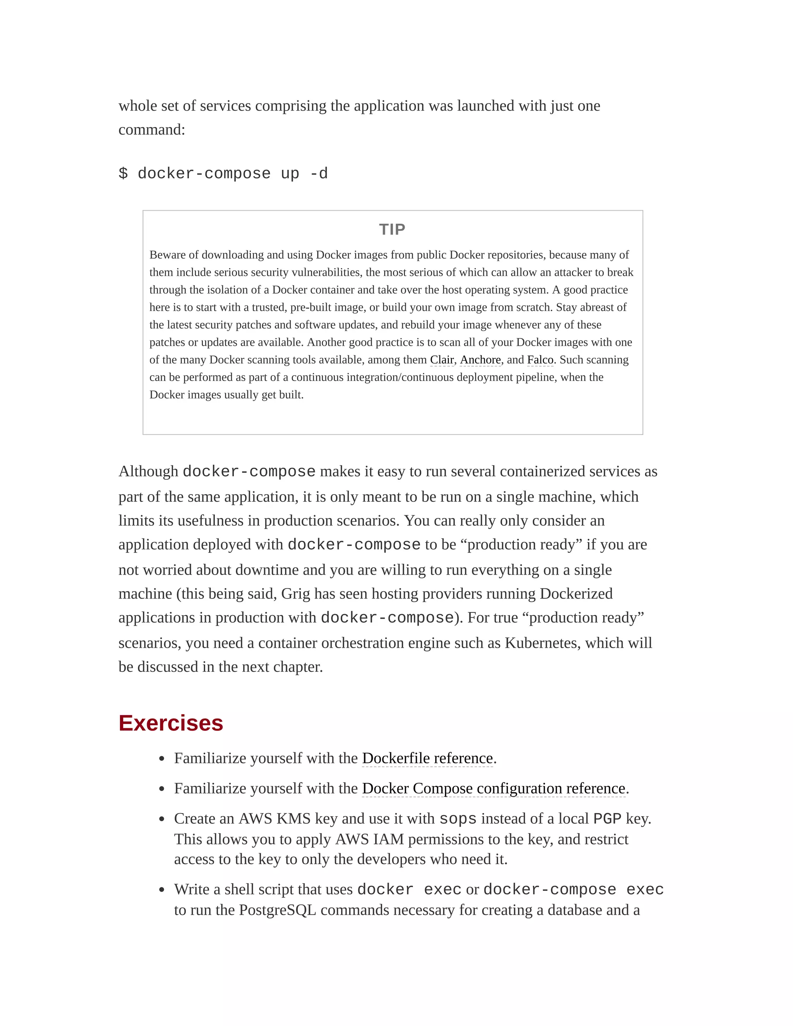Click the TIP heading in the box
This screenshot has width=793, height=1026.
pyautogui.click(x=392, y=229)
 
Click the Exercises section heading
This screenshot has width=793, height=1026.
pyautogui.click(x=170, y=723)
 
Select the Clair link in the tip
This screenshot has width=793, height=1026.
pyautogui.click(x=441, y=360)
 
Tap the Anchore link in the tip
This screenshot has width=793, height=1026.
pyautogui.click(x=480, y=360)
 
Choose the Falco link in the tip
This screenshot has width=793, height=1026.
pyautogui.click(x=540, y=360)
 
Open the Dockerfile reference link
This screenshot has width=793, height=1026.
pyautogui.click(x=427, y=758)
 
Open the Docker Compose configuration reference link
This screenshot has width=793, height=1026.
pyautogui.click(x=493, y=788)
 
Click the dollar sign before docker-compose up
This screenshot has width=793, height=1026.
pyautogui.click(x=123, y=173)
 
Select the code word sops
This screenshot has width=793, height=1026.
pyautogui.click(x=458, y=819)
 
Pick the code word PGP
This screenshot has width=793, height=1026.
pyautogui.click(x=607, y=819)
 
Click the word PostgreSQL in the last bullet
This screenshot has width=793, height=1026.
pyautogui.click(x=277, y=910)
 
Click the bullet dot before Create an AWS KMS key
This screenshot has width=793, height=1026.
pyautogui.click(x=162, y=819)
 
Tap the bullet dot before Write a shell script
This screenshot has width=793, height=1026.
pyautogui.click(x=162, y=890)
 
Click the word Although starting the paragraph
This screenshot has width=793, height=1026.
pyautogui.click(x=148, y=471)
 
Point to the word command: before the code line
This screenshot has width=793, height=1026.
pyautogui.click(x=152, y=130)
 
